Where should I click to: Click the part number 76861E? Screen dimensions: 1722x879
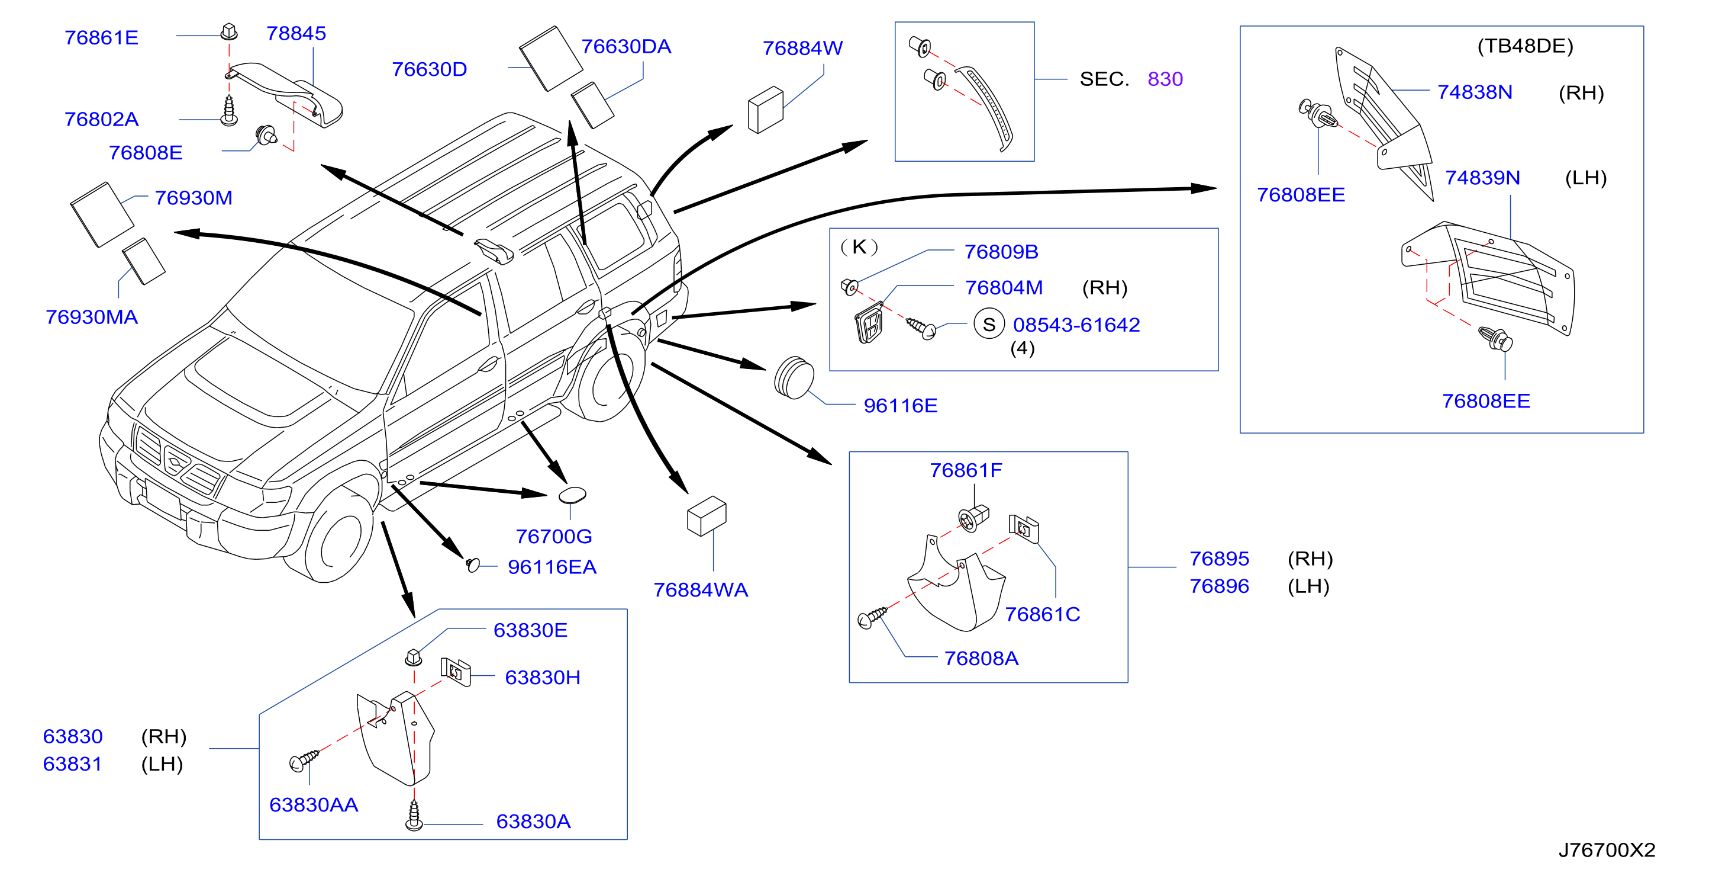[x=102, y=37]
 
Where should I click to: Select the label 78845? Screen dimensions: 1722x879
[x=296, y=33]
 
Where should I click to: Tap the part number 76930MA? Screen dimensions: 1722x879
[x=92, y=317]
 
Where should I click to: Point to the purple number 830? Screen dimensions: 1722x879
[x=1165, y=79]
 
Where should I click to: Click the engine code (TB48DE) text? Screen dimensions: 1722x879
[x=1525, y=46]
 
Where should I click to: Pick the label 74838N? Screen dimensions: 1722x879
[x=1475, y=92]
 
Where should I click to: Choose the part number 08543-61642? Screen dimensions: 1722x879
[x=1076, y=325]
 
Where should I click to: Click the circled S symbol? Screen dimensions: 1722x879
[x=989, y=325]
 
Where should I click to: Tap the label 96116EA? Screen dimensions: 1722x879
[x=552, y=567]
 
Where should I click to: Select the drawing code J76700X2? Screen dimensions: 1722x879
[x=1607, y=849]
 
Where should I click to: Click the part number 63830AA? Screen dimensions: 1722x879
[x=314, y=805]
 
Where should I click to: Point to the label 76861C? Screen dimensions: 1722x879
[x=1042, y=614]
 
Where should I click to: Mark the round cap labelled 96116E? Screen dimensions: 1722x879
[x=794, y=378]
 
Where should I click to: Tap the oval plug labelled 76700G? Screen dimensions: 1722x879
[x=572, y=495]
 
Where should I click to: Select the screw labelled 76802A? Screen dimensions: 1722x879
[x=229, y=110]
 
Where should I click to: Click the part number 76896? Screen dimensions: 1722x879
[x=1218, y=586]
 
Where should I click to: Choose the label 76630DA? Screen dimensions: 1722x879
[x=625, y=47]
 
